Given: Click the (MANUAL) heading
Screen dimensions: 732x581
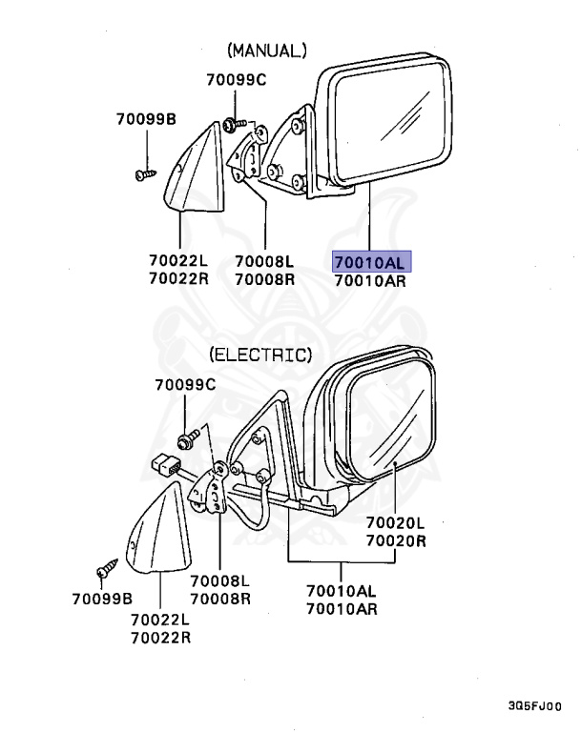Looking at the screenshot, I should click(x=267, y=51).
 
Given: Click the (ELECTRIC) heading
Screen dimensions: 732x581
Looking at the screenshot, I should click(x=260, y=356).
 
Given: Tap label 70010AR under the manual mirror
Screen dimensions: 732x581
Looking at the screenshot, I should click(x=371, y=280).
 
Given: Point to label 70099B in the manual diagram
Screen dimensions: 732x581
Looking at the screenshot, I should click(x=146, y=120).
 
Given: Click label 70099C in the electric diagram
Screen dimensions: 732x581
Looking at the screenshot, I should click(x=186, y=385).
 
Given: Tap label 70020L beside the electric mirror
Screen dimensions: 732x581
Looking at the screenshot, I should click(x=395, y=523).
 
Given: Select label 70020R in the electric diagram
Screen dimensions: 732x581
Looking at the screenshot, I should click(x=395, y=541).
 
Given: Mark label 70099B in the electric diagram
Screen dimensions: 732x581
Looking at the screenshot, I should click(x=102, y=599).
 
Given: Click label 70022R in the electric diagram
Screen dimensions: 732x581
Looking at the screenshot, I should click(x=160, y=637).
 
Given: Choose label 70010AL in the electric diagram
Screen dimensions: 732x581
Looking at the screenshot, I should click(x=341, y=591).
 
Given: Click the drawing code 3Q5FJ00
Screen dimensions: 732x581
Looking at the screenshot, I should click(x=534, y=708).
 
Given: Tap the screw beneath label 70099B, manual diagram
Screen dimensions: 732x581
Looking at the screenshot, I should click(x=145, y=174).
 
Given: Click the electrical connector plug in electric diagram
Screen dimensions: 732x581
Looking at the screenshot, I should click(x=169, y=467).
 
